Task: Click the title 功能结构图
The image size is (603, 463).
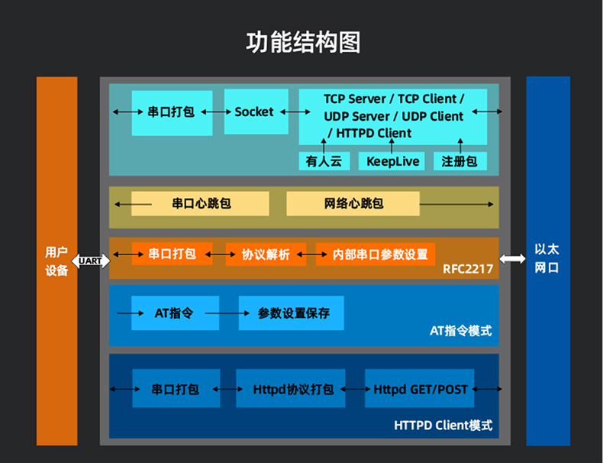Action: point(302,43)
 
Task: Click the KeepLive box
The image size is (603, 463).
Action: point(392,161)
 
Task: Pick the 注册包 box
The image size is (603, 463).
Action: point(460,161)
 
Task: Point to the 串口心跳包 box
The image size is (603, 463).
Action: point(201,204)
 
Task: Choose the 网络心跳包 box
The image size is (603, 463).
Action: point(353,204)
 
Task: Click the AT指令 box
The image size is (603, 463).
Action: point(175,313)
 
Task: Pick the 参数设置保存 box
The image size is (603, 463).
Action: point(291,313)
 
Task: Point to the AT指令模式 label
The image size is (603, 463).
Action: point(461,331)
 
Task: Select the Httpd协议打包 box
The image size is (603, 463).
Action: point(290,389)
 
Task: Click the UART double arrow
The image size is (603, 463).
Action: point(89,261)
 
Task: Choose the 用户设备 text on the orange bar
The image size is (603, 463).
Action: point(57,261)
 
